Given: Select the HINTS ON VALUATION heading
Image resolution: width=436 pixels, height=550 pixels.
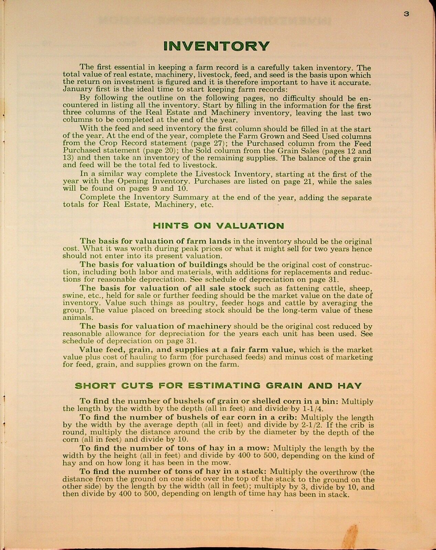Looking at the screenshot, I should [218, 226].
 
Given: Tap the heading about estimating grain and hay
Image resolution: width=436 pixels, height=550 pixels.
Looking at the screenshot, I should [218, 386].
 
